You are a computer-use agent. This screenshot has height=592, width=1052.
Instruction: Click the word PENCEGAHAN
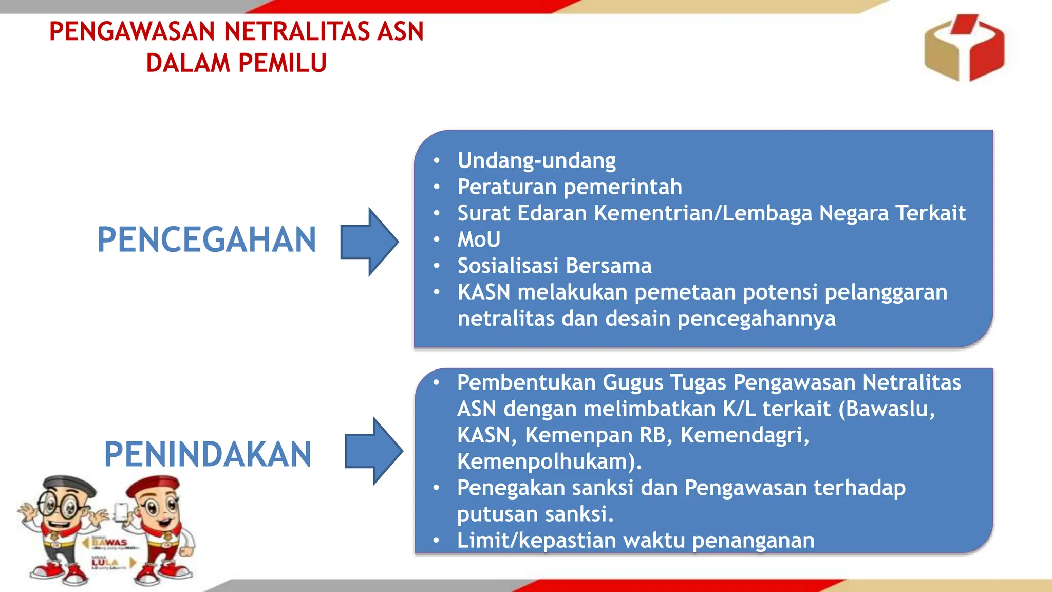206,240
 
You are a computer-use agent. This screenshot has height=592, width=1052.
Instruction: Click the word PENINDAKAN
208,454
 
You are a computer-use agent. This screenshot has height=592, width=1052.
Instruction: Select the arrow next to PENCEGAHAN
369,242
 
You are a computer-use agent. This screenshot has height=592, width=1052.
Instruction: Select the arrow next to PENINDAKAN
373,451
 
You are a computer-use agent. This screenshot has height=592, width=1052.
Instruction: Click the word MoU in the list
479,239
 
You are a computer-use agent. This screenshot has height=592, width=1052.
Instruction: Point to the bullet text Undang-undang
536,161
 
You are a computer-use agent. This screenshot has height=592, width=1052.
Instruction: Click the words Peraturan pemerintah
570,187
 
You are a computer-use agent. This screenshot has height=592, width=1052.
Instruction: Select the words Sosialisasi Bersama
554,266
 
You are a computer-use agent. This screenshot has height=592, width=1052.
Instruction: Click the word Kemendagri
744,435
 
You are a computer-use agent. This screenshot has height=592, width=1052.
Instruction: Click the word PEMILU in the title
282,63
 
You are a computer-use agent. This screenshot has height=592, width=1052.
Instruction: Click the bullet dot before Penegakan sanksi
436,487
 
